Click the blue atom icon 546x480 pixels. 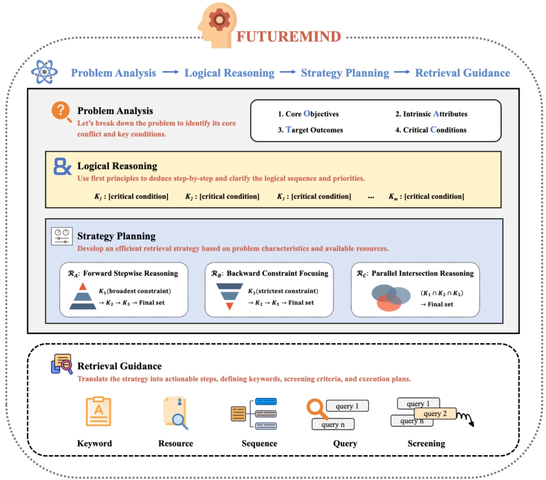pyautogui.click(x=44, y=72)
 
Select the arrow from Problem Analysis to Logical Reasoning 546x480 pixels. pyautogui.click(x=170, y=72)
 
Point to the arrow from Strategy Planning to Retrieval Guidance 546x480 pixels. pyautogui.click(x=402, y=72)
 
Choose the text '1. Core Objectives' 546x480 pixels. pyautogui.click(x=308, y=114)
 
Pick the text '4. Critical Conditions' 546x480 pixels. pyautogui.click(x=431, y=130)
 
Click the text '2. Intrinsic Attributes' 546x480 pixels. pyautogui.click(x=431, y=114)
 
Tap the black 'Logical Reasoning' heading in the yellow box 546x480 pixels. pyautogui.click(x=117, y=166)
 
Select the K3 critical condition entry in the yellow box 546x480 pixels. pyautogui.click(x=314, y=196)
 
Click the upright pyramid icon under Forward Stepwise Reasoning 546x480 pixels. pyautogui.click(x=83, y=297)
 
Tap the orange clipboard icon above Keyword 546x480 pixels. pyautogui.click(x=98, y=411)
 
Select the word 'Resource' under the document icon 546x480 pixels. pyautogui.click(x=175, y=444)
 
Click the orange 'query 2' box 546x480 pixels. pyautogui.click(x=435, y=414)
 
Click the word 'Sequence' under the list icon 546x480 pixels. pyautogui.click(x=259, y=444)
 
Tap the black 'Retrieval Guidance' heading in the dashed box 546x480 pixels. pyautogui.click(x=119, y=366)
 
